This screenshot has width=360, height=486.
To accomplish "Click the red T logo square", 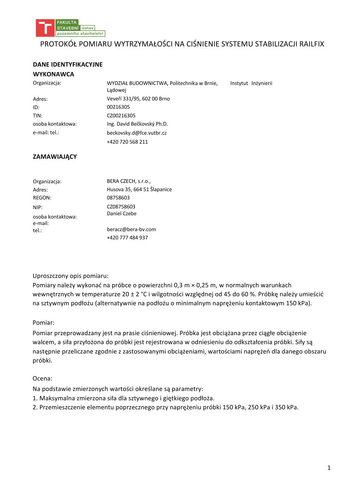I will coord(45,28).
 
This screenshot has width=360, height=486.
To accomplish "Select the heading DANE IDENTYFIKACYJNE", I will coord(68,64).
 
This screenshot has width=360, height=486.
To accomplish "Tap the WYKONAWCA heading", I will coord(53,74).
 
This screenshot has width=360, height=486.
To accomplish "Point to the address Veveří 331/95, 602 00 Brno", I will coord(138,99).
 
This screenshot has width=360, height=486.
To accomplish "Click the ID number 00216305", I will coord(118,107).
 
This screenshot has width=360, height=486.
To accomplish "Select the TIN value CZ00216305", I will coord(121,116).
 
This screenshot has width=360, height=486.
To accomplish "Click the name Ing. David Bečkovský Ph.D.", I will coord(137,124).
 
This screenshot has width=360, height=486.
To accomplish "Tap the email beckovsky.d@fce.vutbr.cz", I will coord(136,133).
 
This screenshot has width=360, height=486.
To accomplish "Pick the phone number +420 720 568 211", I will coord(127,142).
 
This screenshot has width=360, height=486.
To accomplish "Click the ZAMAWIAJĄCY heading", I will coord(55,157).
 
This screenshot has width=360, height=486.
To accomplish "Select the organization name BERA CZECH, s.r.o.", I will coord(129,181).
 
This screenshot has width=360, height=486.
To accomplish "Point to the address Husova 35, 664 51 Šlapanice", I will coord(139,189).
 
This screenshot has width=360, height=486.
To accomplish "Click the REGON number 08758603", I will coord(118,198).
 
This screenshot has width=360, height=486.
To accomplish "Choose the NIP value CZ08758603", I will coord(121,207).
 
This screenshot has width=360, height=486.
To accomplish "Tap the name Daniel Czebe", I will coord(122,213).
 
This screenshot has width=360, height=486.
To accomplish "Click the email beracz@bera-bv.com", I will coord(131,229).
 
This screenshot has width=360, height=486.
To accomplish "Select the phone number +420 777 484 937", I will coord(127,238).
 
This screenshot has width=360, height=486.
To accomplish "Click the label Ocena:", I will coord(42,378).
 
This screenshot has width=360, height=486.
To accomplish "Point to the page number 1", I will coord(329,468).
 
